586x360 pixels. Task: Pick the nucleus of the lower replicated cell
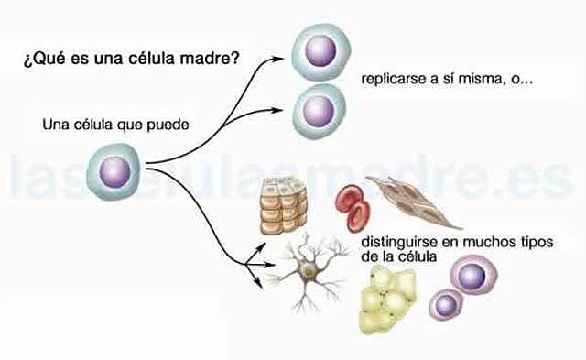(319, 107)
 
